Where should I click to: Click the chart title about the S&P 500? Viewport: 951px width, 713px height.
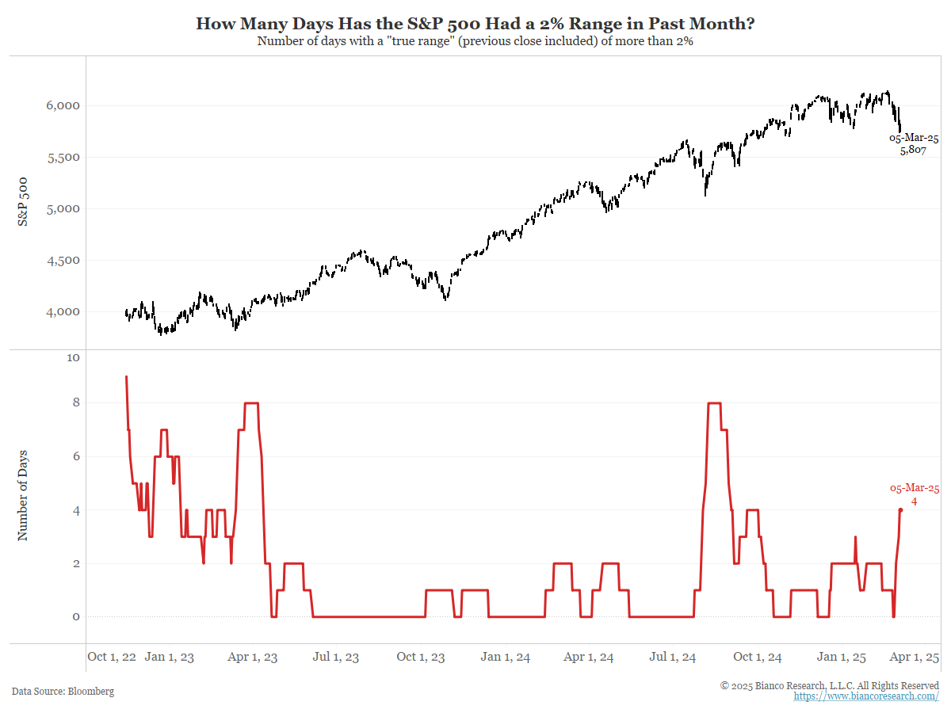(475, 24)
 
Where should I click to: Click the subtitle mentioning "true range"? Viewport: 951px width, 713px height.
(475, 41)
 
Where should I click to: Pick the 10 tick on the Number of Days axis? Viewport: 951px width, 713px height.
(74, 358)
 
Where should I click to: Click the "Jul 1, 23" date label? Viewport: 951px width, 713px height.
(337, 657)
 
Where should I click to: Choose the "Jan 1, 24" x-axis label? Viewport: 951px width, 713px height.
(506, 657)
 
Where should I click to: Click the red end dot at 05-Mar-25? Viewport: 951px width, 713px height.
(900, 510)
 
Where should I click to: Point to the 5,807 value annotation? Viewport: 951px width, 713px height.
(913, 151)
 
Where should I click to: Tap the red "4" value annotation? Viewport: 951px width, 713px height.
(914, 501)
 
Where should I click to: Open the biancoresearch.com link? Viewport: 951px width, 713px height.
(866, 696)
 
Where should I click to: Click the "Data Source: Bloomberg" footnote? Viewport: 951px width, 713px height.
(63, 691)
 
